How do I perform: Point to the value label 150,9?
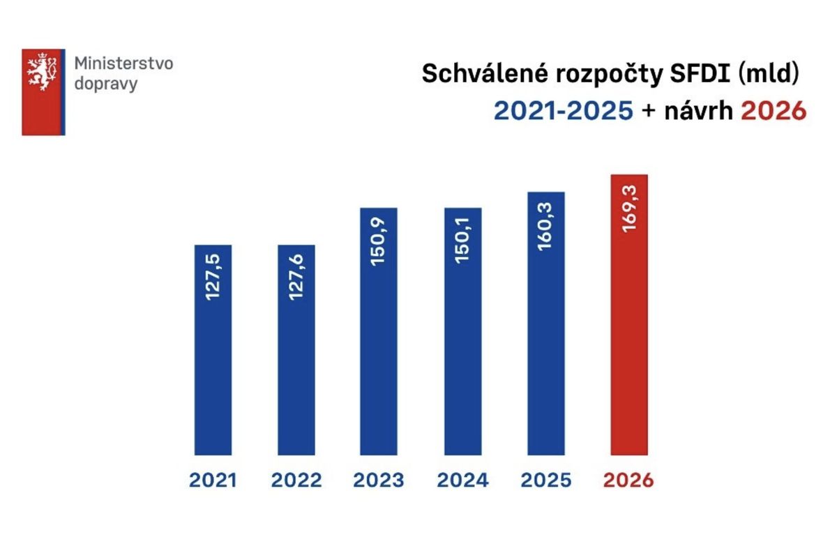click(x=379, y=246)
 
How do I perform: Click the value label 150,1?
click(x=462, y=246)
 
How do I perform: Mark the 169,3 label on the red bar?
click(x=629, y=208)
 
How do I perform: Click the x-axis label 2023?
click(x=379, y=480)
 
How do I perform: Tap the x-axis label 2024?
click(x=462, y=480)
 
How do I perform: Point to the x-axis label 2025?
click(x=545, y=480)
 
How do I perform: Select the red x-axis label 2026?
click(x=628, y=480)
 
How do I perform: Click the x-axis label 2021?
click(x=213, y=480)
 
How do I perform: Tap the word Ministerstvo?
click(x=123, y=64)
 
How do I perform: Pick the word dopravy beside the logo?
click(x=106, y=84)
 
